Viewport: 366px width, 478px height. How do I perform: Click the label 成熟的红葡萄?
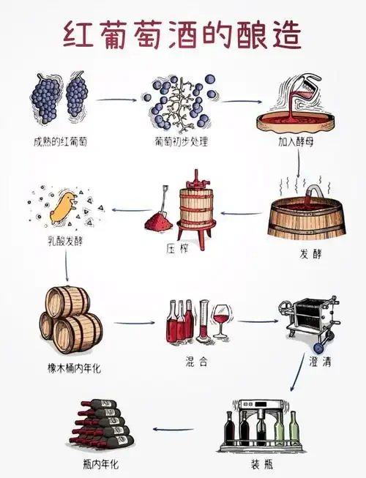[60, 140]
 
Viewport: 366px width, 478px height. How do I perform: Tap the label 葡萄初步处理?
[180, 140]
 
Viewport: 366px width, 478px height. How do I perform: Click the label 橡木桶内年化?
[74, 368]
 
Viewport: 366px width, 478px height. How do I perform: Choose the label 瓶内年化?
[100, 465]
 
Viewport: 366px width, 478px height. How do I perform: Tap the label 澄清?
[314, 362]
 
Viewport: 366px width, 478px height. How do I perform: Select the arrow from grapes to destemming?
[116, 100]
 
